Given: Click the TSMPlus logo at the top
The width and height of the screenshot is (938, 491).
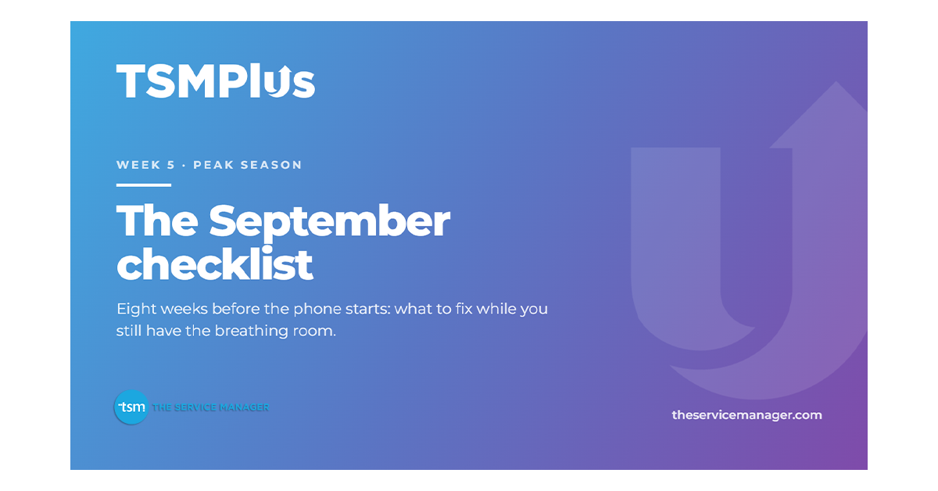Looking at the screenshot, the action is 215,81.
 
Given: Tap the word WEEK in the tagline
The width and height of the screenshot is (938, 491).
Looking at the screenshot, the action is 138,165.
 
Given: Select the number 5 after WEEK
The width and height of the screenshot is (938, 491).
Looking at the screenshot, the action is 171,165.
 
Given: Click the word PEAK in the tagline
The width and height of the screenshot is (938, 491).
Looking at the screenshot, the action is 213,165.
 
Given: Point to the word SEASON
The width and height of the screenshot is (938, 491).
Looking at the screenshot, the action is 271,165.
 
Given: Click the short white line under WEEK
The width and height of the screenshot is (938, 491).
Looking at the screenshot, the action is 144,185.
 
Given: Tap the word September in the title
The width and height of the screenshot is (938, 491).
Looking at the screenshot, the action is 330,222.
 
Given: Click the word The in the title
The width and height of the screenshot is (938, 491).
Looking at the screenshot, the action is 157,220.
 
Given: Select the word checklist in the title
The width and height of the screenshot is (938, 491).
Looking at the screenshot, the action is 214,264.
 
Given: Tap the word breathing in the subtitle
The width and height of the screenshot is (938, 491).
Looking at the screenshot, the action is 251,332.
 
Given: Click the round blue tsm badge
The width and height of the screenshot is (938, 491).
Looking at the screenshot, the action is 131,407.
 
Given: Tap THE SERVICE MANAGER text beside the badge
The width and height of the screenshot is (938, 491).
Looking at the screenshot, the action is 210,407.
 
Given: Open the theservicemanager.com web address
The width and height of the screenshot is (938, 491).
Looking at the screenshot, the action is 746,415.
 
